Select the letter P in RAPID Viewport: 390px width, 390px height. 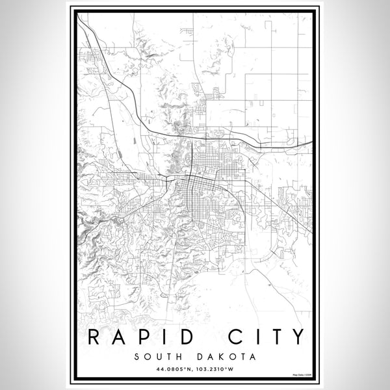(148, 337)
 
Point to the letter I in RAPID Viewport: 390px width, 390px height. (170, 337)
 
